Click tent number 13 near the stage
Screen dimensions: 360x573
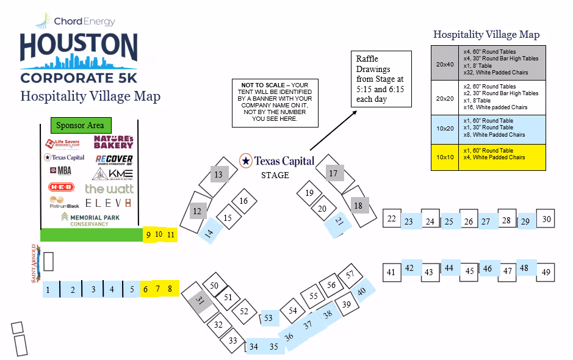(218, 175)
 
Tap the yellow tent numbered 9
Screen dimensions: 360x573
(148, 234)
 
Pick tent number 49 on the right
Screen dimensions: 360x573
(546, 272)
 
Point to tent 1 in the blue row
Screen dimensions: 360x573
(48, 290)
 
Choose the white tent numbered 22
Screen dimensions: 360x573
(392, 218)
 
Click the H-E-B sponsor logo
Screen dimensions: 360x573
(61, 187)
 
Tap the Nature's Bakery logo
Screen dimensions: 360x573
(114, 142)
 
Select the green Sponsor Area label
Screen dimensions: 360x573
(80, 125)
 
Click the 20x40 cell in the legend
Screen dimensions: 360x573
(445, 63)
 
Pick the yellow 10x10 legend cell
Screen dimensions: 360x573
(445, 157)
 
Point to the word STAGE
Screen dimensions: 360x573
(275, 175)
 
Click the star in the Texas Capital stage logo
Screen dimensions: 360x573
(245, 160)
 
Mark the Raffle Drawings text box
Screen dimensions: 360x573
(380, 79)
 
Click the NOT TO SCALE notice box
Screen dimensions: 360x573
(275, 102)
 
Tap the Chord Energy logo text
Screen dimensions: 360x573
(84, 21)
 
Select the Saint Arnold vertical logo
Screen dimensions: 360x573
(35, 264)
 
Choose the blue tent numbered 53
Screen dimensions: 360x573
(268, 317)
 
